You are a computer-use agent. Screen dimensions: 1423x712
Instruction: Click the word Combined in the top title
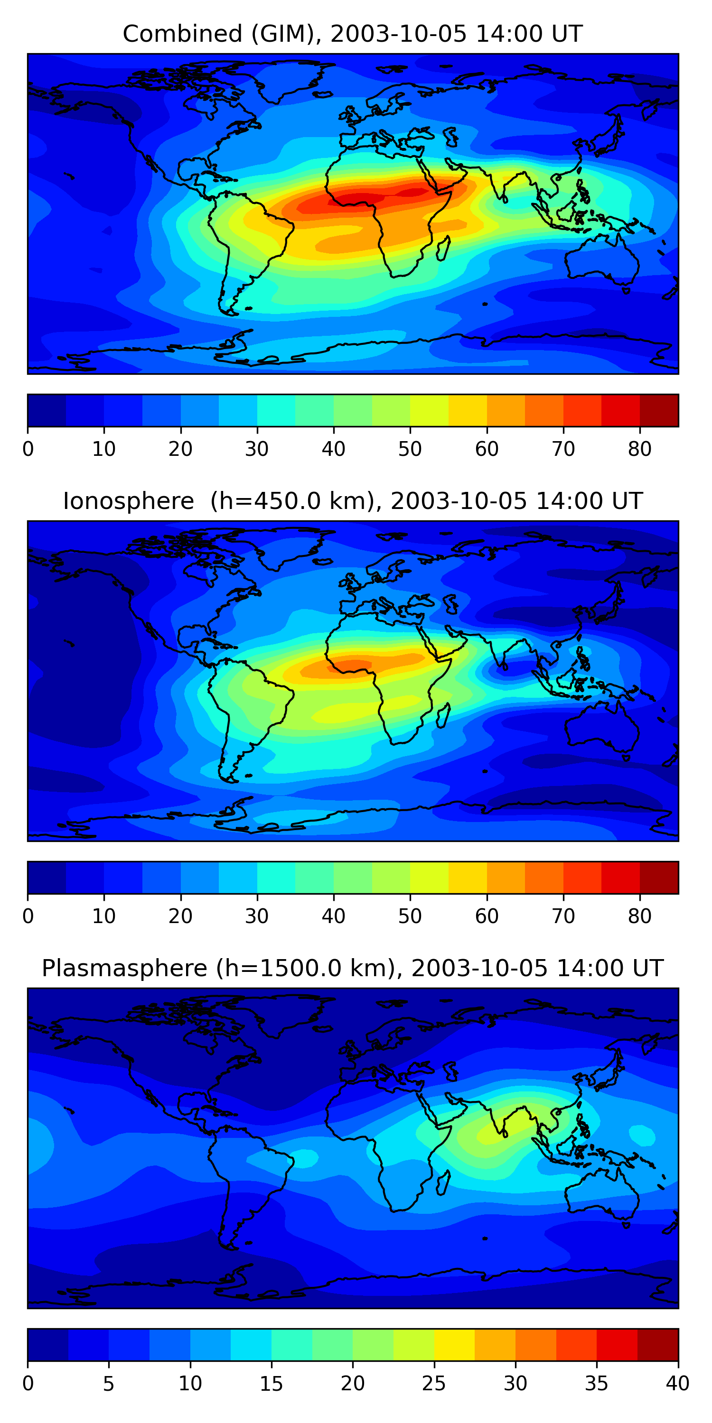(x=182, y=34)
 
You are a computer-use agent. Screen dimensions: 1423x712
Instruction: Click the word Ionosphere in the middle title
(x=128, y=501)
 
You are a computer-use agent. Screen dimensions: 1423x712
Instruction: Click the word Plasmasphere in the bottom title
(x=124, y=969)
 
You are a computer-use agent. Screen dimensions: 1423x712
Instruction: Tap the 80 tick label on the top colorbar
(x=639, y=449)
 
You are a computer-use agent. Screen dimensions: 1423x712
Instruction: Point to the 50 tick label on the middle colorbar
(x=410, y=916)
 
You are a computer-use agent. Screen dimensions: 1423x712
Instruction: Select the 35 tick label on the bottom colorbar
(x=597, y=1384)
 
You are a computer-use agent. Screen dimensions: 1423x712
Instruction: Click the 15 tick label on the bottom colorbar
(x=272, y=1384)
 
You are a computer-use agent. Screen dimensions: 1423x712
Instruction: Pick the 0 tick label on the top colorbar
(x=28, y=449)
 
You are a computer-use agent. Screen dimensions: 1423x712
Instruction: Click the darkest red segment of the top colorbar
(x=659, y=410)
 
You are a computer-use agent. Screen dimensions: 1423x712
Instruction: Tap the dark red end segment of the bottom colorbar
(x=658, y=1345)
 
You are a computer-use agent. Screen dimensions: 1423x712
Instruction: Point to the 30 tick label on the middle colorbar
(x=257, y=916)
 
